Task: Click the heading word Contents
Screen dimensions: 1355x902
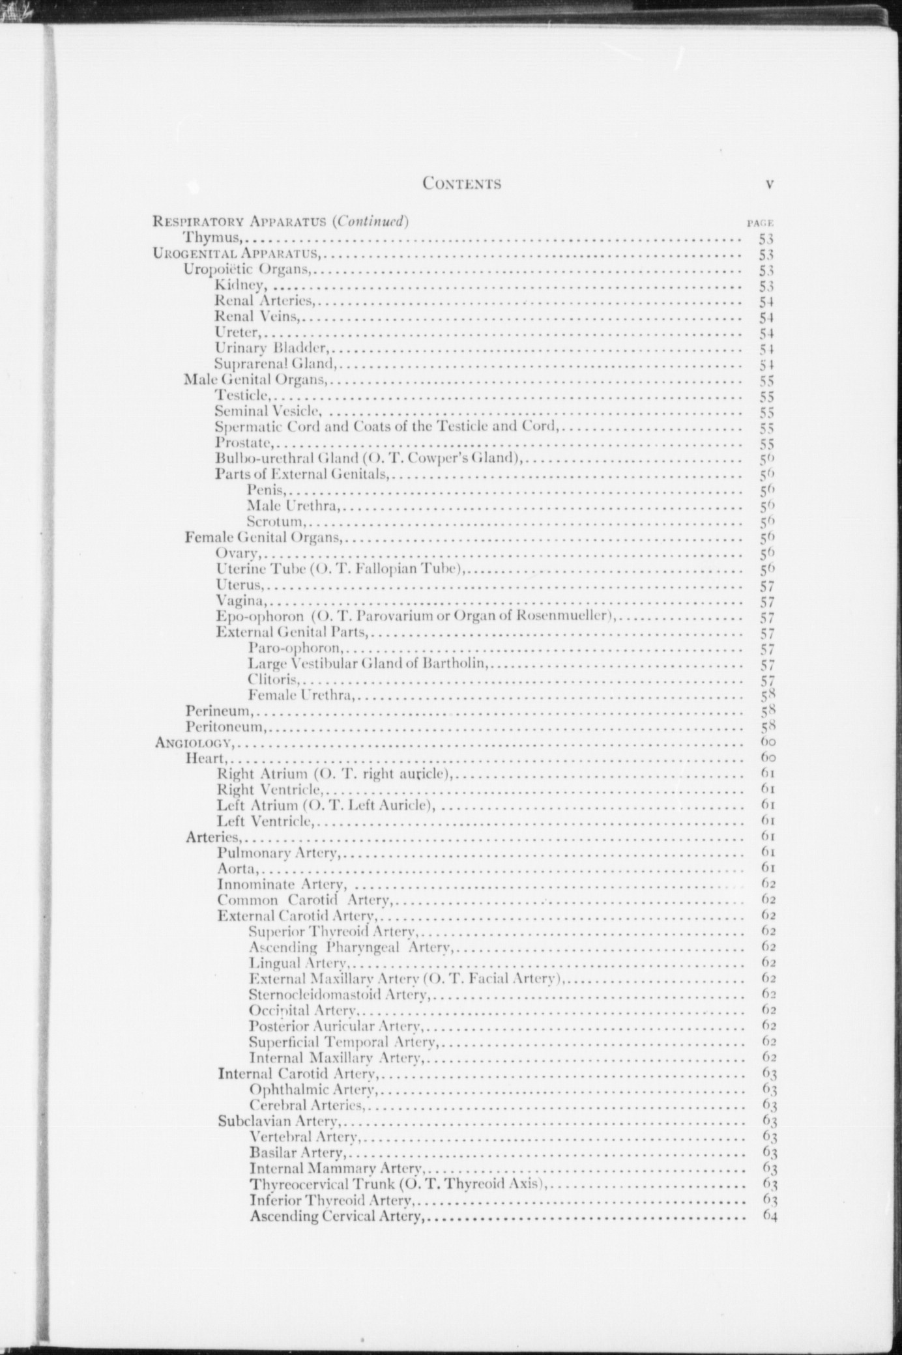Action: (461, 184)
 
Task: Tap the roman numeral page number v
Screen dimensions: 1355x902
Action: (770, 184)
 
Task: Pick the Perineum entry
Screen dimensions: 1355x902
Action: (218, 711)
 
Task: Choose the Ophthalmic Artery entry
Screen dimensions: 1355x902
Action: (312, 1089)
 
